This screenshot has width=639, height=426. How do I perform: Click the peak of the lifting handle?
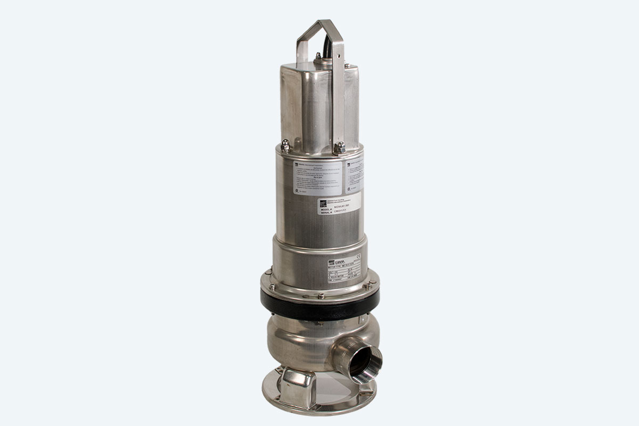(320, 22)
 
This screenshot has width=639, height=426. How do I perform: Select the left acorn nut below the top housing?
(286, 145)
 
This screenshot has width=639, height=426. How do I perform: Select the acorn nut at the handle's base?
(339, 148)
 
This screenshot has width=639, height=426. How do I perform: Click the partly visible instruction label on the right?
(354, 176)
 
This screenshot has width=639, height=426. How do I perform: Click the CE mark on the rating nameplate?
(358, 259)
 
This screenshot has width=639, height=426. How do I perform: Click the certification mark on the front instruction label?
(296, 187)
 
